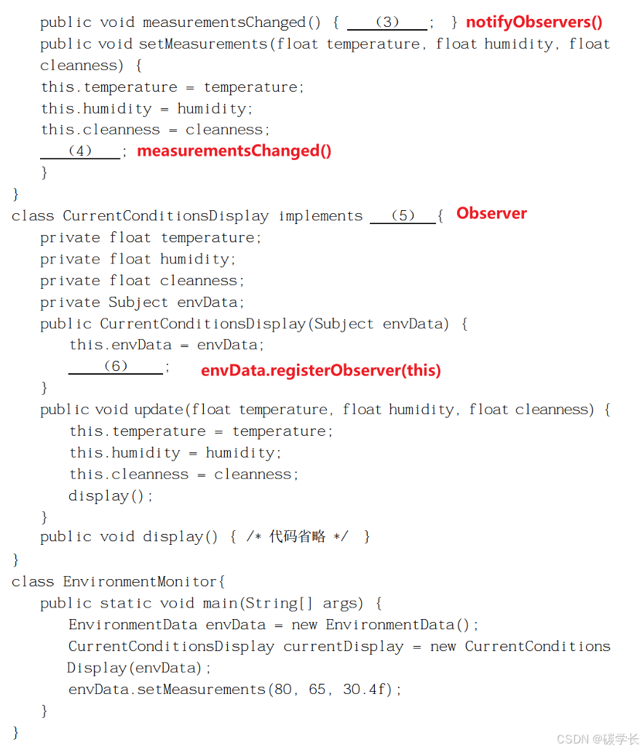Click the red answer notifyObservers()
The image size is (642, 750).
[534, 23]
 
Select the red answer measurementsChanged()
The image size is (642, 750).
[234, 151]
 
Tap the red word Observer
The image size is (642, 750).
[491, 214]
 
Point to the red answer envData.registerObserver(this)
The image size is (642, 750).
[321, 370]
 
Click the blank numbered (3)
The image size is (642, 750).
[387, 23]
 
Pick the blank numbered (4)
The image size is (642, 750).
[80, 151]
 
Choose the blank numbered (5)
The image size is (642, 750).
[403, 216]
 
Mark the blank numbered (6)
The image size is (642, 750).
[116, 367]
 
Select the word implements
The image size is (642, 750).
[320, 216]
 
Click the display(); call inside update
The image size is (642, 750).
[111, 496]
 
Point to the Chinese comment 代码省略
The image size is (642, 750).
[297, 537]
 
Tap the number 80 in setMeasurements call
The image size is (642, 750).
[282, 689]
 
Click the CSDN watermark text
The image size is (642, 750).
[598, 739]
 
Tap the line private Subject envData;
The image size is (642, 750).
[143, 303]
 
